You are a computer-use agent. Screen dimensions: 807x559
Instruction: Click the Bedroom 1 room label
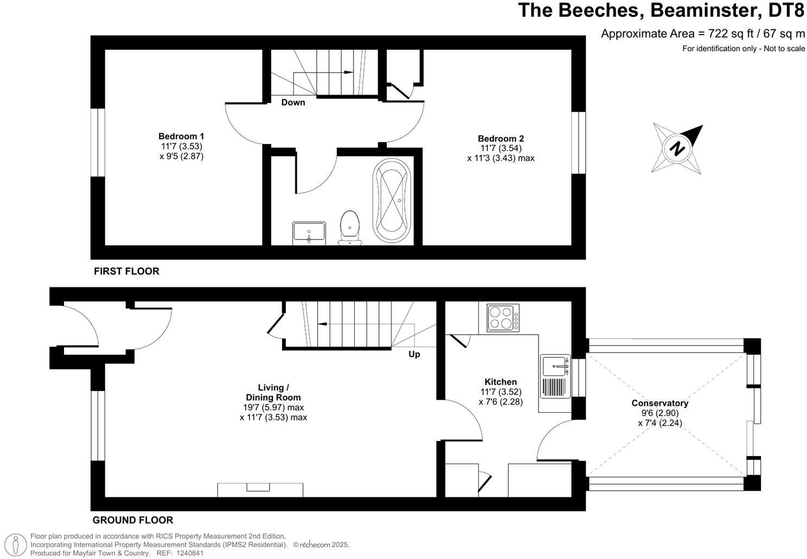(x=181, y=136)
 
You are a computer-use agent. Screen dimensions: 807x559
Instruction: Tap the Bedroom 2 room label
(x=501, y=139)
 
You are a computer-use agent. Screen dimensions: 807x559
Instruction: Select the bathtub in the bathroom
(x=392, y=200)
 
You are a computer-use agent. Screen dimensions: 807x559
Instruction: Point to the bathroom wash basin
(x=309, y=233)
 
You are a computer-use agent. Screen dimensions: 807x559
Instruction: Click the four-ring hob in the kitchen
(x=503, y=317)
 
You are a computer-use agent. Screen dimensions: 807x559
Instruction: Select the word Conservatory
(x=659, y=403)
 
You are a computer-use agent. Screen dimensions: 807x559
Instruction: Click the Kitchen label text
(x=501, y=382)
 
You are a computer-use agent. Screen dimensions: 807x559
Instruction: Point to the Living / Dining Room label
(x=273, y=393)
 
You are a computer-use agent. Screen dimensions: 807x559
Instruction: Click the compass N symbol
(x=677, y=148)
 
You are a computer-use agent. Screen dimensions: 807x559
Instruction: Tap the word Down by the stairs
(x=293, y=102)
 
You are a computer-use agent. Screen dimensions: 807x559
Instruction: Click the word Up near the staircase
(x=414, y=354)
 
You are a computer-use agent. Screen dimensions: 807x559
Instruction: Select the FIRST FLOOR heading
(x=126, y=271)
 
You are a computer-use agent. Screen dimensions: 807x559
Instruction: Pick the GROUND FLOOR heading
(x=133, y=520)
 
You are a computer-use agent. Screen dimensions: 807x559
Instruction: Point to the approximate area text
(x=703, y=34)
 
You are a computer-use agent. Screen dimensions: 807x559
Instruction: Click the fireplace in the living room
(x=260, y=490)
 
